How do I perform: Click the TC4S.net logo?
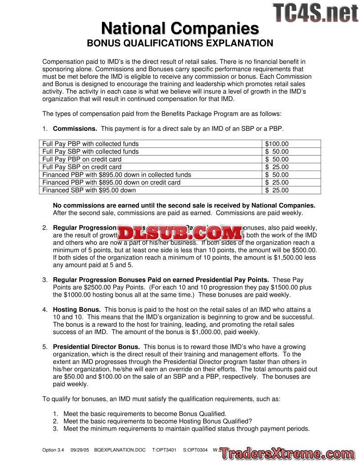tap(315, 13)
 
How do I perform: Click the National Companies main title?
tap(180, 28)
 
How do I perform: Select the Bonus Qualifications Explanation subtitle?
tap(180, 44)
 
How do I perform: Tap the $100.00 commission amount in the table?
tap(277, 144)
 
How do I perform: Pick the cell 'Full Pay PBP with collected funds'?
tap(91, 144)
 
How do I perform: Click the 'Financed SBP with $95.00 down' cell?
tap(89, 190)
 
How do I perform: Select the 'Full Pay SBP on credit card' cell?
tap(82, 167)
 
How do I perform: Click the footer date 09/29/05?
tap(80, 450)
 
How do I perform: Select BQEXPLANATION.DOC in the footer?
tap(120, 450)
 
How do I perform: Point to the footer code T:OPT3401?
tap(164, 450)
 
